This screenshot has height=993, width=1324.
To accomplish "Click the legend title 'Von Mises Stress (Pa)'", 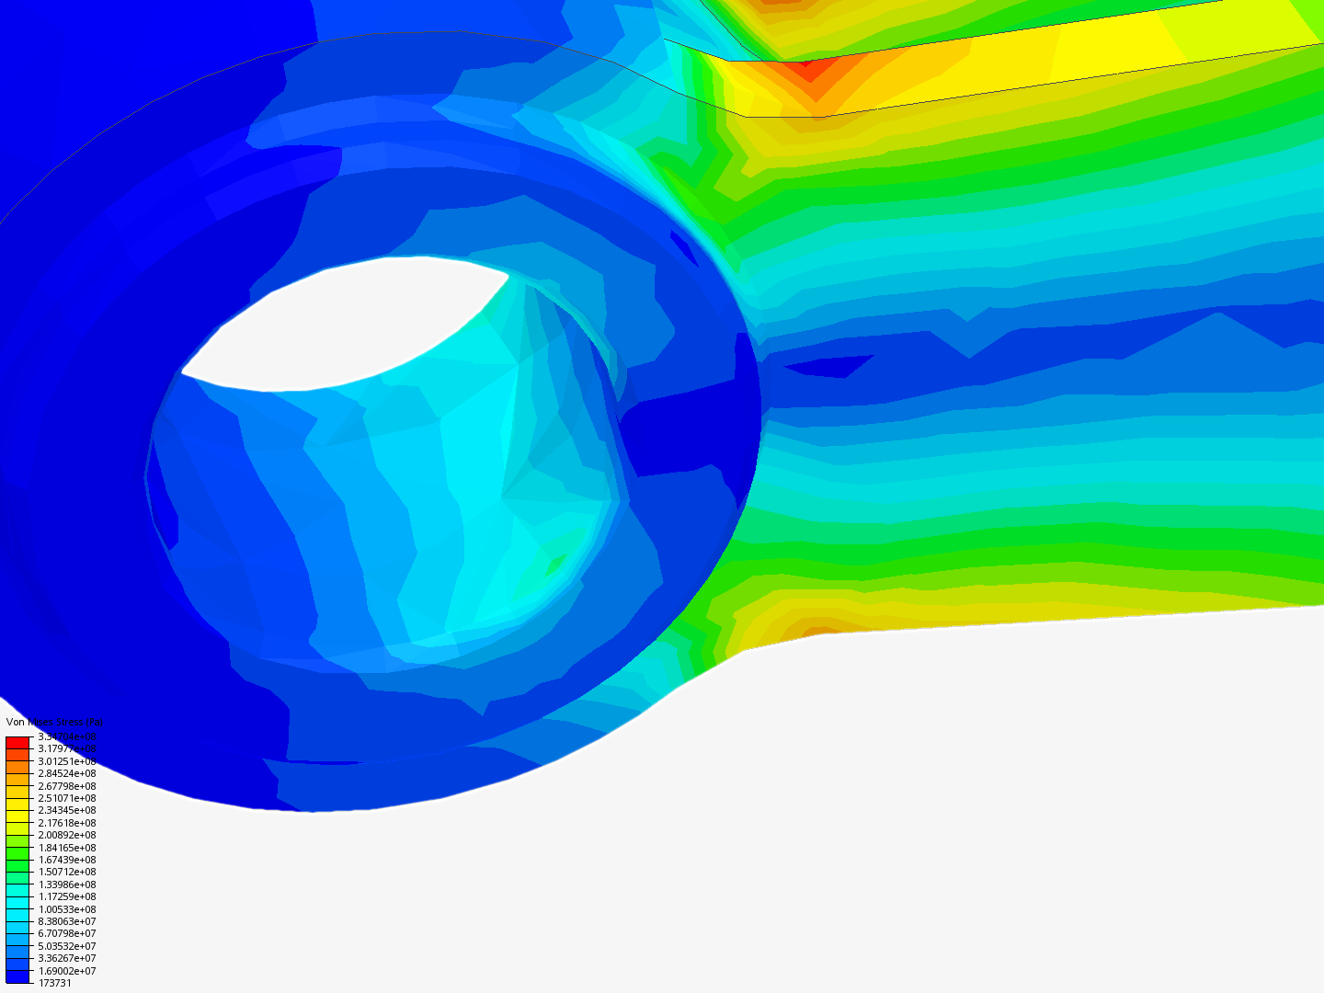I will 54,723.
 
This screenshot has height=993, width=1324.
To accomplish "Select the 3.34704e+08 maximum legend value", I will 66,736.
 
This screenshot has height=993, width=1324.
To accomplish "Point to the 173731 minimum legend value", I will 54,983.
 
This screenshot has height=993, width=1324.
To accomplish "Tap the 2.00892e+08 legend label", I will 66,835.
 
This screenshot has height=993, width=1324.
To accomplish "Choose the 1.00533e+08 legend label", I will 66,909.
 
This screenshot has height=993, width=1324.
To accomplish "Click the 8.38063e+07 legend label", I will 66,921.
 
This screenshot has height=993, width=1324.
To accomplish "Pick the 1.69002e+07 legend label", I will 66,971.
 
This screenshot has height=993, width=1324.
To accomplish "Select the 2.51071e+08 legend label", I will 66,798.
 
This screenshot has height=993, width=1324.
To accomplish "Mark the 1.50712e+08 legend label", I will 66,872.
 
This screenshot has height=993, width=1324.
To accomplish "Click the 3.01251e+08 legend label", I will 66,761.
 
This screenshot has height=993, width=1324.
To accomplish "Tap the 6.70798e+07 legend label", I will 66,933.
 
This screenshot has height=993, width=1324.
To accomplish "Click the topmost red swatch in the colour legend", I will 17,742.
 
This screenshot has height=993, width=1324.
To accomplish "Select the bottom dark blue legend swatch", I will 17,976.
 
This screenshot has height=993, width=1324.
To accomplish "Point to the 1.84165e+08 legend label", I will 66,848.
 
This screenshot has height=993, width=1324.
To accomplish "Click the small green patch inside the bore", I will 555,563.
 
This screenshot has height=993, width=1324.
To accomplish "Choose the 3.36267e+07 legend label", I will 66,958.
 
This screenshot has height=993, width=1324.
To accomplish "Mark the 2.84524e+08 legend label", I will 66,773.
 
